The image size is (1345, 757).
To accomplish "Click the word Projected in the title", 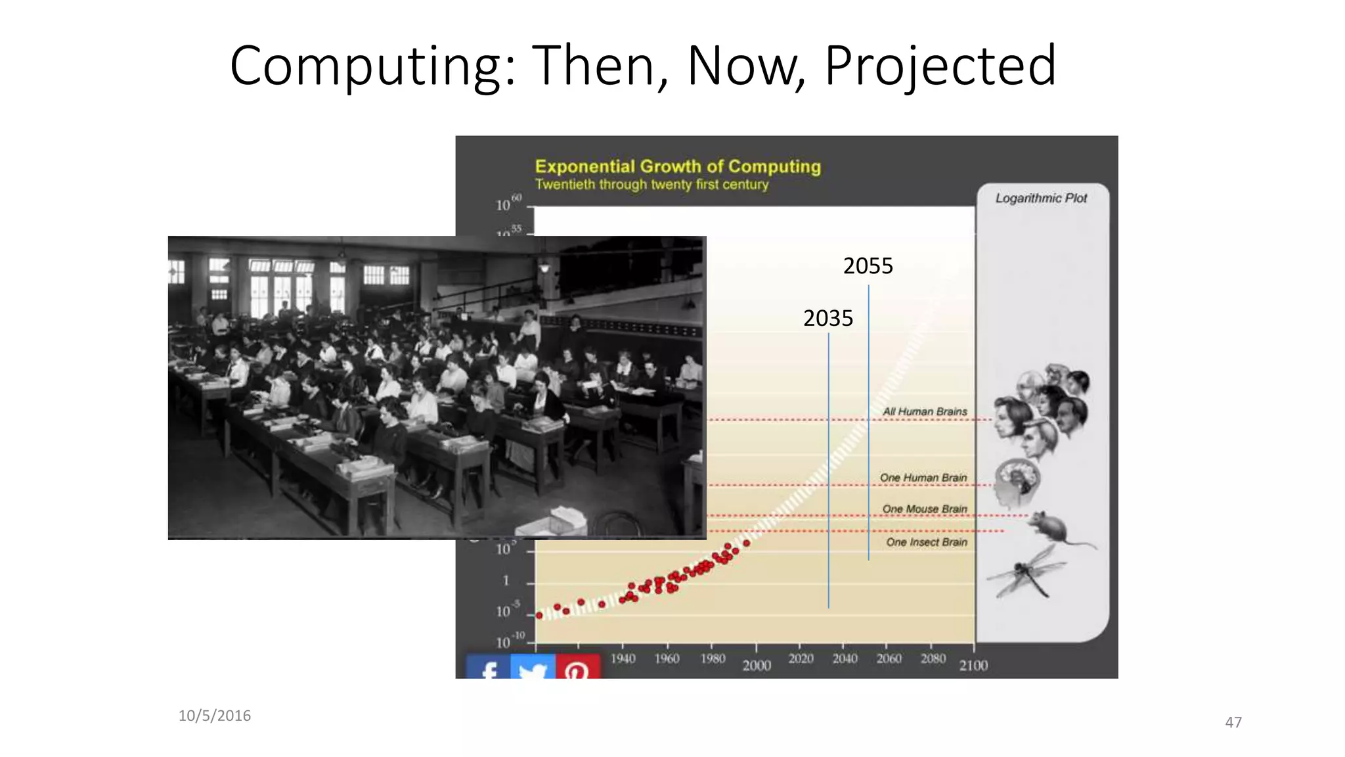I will point(940,66).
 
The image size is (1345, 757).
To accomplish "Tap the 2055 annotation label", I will point(868,266).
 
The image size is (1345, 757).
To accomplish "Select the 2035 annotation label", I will point(827,319).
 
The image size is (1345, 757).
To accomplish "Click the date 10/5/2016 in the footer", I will point(215,716).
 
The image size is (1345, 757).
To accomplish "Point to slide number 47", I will point(1233,722).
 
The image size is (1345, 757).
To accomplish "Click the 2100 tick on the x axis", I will point(973,666).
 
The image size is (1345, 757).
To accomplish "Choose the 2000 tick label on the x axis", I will point(756,666).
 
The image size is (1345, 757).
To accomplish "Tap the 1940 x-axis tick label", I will point(623,658).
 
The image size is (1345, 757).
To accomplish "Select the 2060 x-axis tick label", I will point(889,658).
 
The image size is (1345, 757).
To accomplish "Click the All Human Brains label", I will point(924,411).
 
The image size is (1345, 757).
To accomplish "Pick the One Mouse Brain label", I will point(924,509).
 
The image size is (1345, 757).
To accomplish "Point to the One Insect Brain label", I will point(926,542).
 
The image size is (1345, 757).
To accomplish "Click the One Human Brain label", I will point(923,478).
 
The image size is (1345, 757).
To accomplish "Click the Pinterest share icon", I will point(577,668).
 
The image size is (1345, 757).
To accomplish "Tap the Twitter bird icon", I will point(533,669).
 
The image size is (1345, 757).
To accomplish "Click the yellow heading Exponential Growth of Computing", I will point(678,167).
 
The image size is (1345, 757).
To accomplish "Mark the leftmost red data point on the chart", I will point(539,616).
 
